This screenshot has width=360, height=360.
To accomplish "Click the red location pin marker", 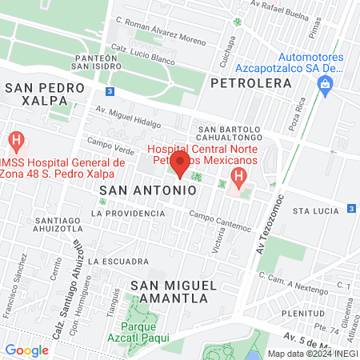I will (x=180, y=166).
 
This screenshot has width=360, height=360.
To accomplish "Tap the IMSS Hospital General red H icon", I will (x=14, y=141).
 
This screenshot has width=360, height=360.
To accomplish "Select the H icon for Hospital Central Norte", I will (x=238, y=175).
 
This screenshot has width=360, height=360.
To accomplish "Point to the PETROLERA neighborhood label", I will (x=250, y=82).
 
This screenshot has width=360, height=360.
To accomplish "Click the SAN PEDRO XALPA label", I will (x=46, y=93).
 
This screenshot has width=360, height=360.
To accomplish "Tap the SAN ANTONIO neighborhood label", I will (x=148, y=190).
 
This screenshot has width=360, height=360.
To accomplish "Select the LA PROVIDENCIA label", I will (x=122, y=214).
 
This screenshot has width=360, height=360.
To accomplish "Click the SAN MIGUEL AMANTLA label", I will (x=168, y=291).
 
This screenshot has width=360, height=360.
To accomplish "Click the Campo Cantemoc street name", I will (x=220, y=217).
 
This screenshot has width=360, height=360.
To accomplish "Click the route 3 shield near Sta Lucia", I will (x=351, y=208).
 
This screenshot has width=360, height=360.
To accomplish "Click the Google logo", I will (x=26, y=350).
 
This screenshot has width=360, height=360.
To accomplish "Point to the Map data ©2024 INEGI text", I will (x=312, y=353).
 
